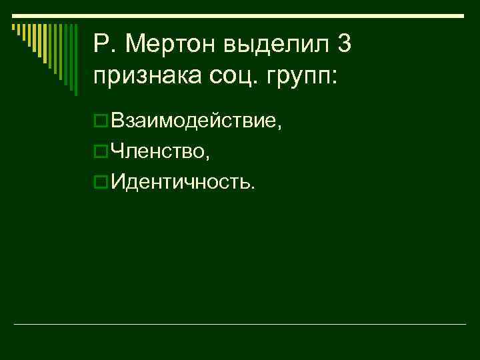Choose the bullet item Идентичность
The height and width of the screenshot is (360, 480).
tap(182, 181)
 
